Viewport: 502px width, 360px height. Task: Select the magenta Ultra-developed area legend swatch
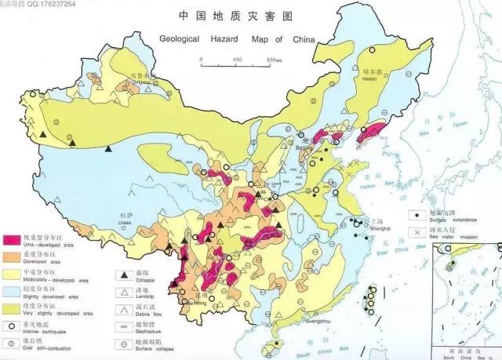(x=12, y=239)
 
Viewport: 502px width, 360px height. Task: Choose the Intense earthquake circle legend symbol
(x=12, y=324)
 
